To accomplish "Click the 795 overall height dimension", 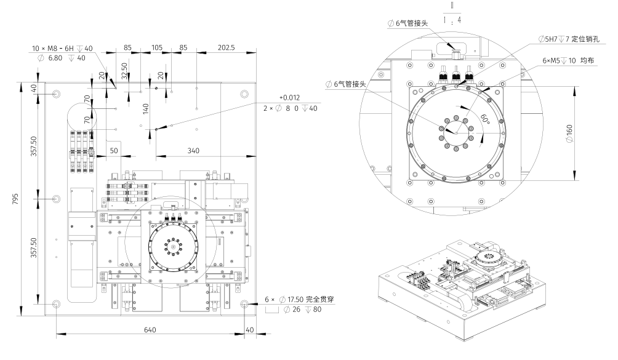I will (14, 199).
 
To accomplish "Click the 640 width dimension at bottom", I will (150, 330).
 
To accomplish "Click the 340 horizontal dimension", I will (193, 151).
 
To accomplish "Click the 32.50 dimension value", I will (124, 70).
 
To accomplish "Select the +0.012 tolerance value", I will (290, 98).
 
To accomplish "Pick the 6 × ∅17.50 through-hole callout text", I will (303, 300).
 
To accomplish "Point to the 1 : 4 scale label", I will (452, 19).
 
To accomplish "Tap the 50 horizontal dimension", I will (114, 151).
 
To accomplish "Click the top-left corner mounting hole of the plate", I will (57, 94).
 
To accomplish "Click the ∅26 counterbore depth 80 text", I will (305, 310).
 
